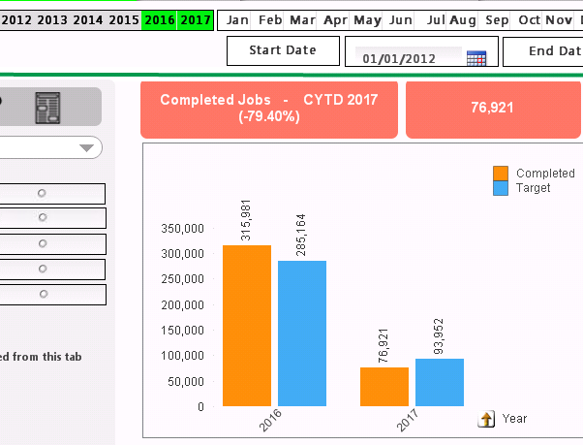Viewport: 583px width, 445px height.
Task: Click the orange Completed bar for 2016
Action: pos(246,325)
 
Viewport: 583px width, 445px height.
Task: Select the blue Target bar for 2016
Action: pos(302,333)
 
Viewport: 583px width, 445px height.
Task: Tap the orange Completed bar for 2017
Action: pos(384,386)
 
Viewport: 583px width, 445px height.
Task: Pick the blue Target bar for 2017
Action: pos(440,382)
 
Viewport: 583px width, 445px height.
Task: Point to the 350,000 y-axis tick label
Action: pos(181,229)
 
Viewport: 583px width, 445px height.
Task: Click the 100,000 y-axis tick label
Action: pos(181,356)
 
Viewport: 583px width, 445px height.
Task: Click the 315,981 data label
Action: pos(246,222)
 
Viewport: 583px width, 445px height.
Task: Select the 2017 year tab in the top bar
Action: pos(196,19)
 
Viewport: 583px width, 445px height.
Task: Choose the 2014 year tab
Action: pos(88,19)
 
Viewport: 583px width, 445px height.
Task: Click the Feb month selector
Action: pos(270,19)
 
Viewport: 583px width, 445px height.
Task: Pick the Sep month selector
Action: pos(497,19)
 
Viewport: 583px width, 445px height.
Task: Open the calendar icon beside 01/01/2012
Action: pos(476,58)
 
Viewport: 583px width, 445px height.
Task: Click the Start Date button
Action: pos(283,50)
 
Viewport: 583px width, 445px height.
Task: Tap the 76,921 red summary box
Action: pos(492,108)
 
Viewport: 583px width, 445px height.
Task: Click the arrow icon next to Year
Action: pos(487,419)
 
